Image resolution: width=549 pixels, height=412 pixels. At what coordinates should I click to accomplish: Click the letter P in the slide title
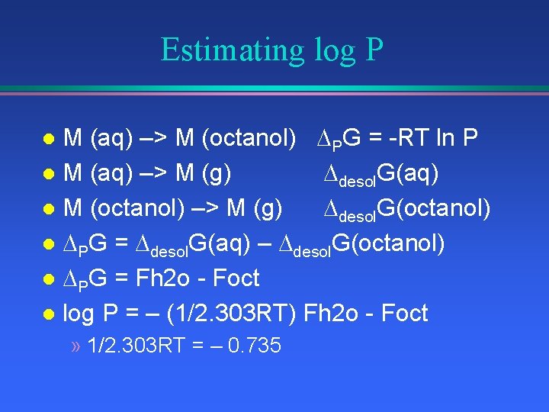pyautogui.click(x=374, y=50)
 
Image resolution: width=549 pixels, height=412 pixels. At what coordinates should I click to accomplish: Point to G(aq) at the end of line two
pyautogui.click(x=407, y=174)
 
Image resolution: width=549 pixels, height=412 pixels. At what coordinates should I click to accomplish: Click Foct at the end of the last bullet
pyautogui.click(x=402, y=314)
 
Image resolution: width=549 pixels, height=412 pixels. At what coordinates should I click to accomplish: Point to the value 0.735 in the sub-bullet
pyautogui.click(x=255, y=346)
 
